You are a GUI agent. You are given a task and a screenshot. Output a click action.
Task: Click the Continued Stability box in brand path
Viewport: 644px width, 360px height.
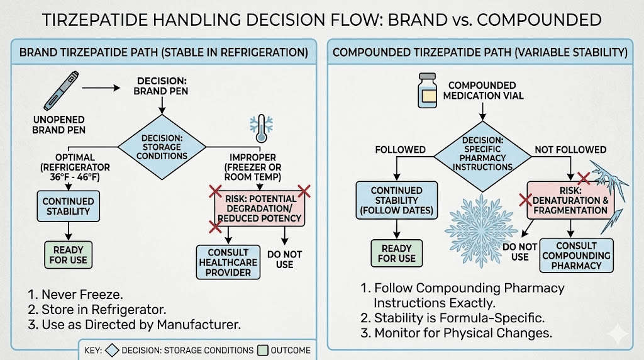pos(68,205)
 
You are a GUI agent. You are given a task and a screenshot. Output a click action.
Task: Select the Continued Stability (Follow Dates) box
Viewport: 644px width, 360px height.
pos(396,201)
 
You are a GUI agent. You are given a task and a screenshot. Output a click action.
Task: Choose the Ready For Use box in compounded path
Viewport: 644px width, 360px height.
pos(396,252)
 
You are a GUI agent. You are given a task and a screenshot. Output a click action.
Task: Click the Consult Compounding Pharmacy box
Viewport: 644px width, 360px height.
pos(567,255)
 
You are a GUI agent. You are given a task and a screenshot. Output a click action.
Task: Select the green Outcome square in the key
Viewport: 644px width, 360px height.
pos(262,350)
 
